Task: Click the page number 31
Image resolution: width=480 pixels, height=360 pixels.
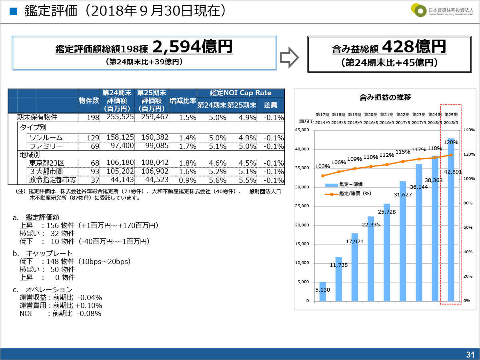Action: (470, 354)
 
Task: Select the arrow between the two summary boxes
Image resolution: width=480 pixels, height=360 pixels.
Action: (289, 56)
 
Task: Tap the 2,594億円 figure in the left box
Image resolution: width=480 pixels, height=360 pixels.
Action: (192, 48)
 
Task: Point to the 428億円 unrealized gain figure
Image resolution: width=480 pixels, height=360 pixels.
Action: (414, 47)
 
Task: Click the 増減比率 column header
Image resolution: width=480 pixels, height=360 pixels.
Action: (182, 100)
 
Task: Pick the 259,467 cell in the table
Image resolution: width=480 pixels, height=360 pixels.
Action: (152, 117)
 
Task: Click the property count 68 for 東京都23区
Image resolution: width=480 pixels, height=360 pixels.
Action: (95, 163)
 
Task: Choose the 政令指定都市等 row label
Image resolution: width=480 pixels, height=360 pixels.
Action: (52, 180)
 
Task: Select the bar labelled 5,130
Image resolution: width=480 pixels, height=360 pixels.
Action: (322, 291)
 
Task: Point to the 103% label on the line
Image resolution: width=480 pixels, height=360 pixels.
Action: (322, 166)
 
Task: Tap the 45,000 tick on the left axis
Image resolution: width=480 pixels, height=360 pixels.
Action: (302, 130)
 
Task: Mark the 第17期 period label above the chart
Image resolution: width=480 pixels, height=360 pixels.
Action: (322, 114)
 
